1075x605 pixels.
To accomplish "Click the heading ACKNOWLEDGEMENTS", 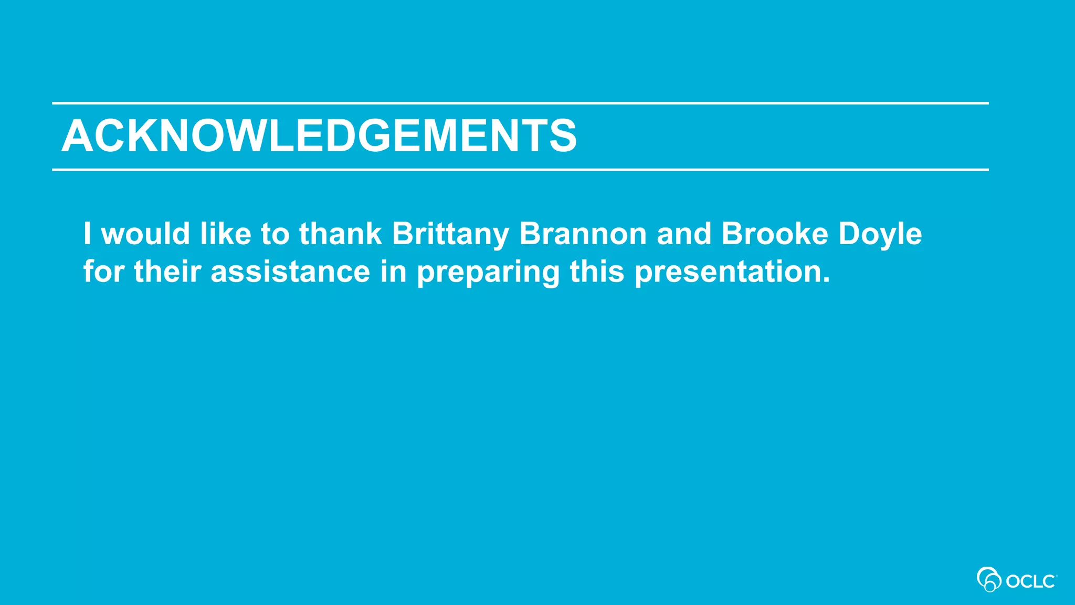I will (x=319, y=136).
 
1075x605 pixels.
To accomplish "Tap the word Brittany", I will (x=450, y=234).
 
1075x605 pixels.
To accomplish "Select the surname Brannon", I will (x=583, y=234).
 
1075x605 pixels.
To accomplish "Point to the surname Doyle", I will (x=880, y=235).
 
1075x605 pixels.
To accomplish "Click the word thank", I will (x=340, y=234).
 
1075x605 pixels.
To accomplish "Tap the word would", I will (x=145, y=234).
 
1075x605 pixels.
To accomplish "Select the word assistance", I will (x=290, y=272).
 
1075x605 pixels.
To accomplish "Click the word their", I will (x=167, y=272).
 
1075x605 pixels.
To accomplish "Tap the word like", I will (x=225, y=234).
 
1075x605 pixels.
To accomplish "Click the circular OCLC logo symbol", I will (x=988, y=579).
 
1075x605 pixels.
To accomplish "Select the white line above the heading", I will (x=520, y=103).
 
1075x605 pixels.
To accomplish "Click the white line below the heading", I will (x=520, y=170).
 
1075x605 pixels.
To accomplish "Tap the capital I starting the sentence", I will (x=87, y=234).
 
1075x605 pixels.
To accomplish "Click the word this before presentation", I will (x=597, y=272).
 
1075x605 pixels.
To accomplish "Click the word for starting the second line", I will (x=103, y=272).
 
